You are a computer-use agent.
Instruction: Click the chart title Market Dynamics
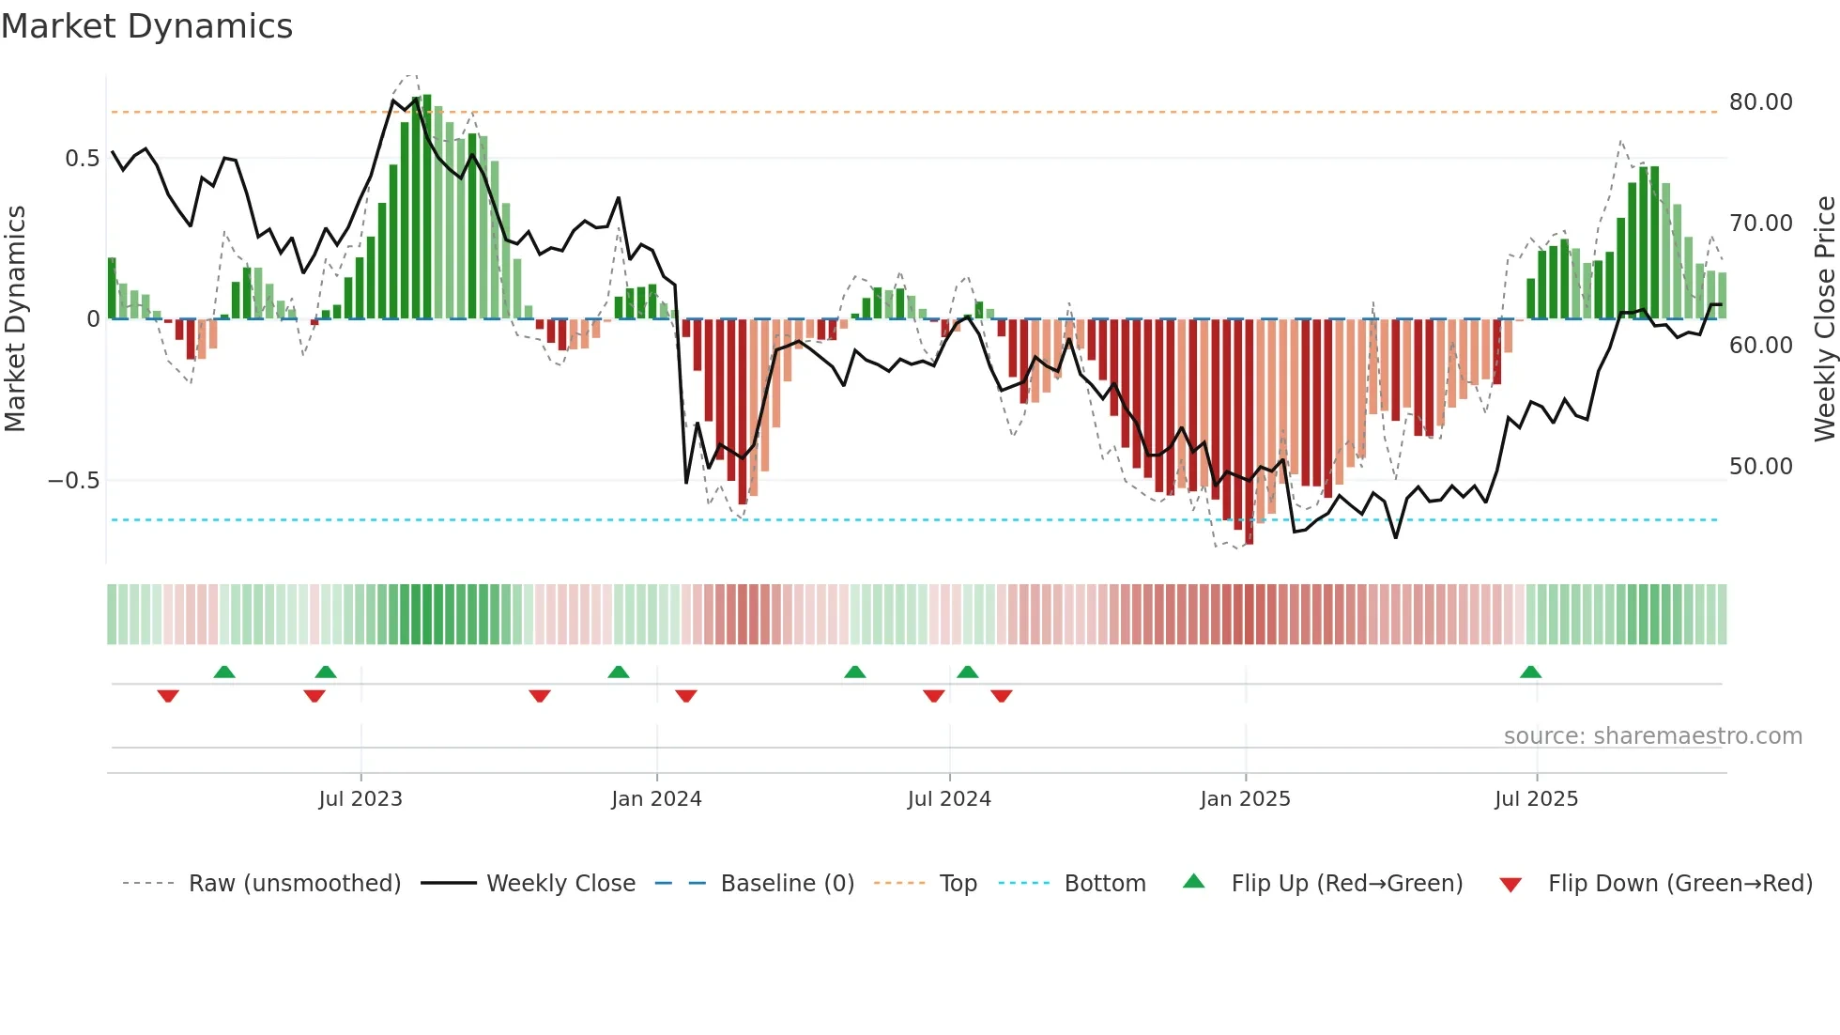tap(146, 26)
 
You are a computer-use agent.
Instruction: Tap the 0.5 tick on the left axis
tap(83, 159)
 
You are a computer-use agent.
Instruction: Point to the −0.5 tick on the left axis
tap(74, 481)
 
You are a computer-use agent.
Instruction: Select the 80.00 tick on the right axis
tap(1760, 102)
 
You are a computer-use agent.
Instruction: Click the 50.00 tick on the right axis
tap(1760, 467)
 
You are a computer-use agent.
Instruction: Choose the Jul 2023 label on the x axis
tap(360, 799)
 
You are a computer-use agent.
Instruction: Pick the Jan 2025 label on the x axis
tap(1245, 799)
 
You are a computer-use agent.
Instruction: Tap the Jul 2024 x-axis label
tap(949, 799)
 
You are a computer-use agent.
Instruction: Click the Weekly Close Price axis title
tap(1824, 319)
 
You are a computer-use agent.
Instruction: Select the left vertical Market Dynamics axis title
tap(15, 319)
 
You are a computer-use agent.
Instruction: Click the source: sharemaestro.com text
tap(1652, 736)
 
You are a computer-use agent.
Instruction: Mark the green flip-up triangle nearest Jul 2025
tap(1530, 672)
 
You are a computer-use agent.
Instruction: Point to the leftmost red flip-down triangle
tap(168, 696)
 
